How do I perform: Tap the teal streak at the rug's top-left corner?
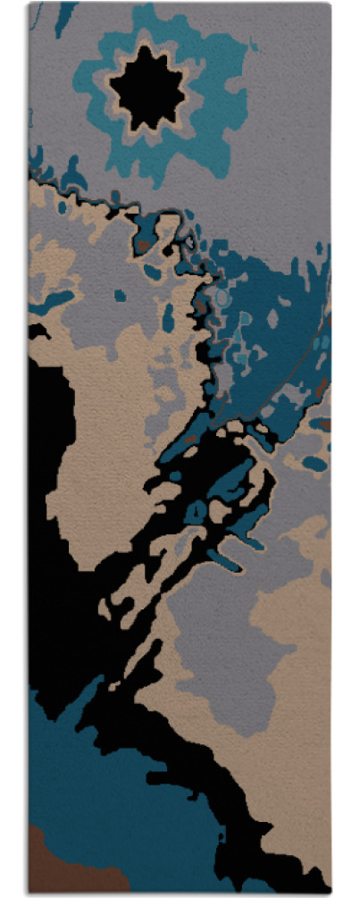click(63, 18)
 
